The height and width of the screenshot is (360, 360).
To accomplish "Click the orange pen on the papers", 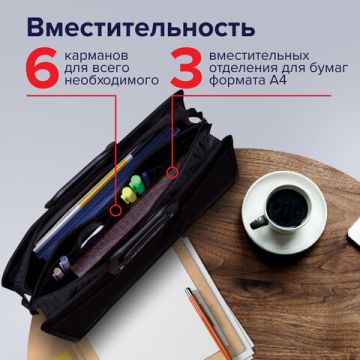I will (x=203, y=321).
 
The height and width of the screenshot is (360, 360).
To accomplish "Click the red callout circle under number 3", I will (x=172, y=173).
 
